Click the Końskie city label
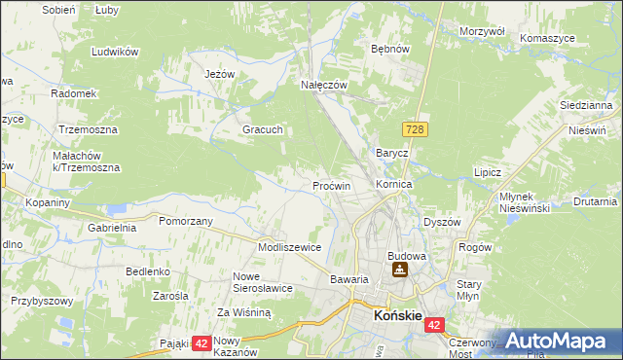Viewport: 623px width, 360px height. pyautogui.click(x=397, y=316)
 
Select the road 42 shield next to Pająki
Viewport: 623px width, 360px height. pyautogui.click(x=202, y=342)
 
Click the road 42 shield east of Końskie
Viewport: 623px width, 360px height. pyautogui.click(x=434, y=326)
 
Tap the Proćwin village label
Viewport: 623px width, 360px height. pyautogui.click(x=331, y=185)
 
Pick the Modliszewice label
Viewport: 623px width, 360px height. pyautogui.click(x=289, y=247)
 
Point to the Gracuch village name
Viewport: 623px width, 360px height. pyautogui.click(x=262, y=128)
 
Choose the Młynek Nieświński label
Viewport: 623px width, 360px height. pyautogui.click(x=525, y=201)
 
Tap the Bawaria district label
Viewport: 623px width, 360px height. pyautogui.click(x=348, y=279)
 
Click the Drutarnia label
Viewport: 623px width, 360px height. pyautogui.click(x=595, y=201)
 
